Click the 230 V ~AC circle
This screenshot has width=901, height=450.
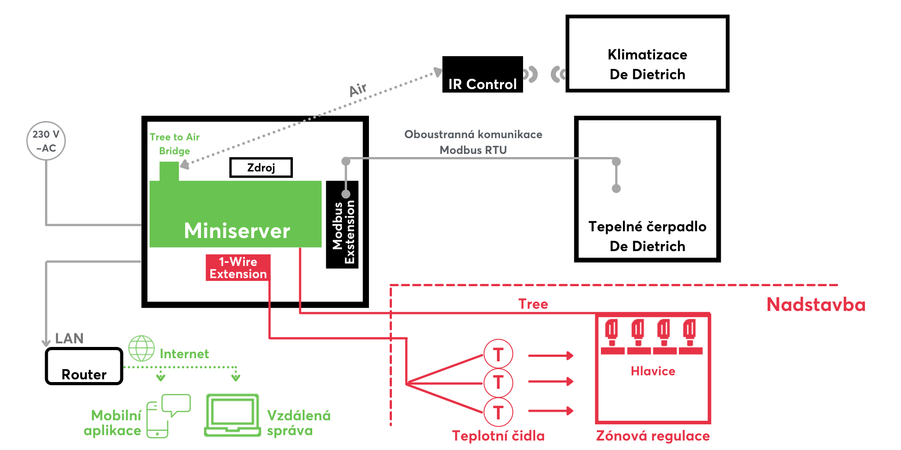tap(46, 141)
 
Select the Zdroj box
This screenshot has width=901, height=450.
tap(261, 167)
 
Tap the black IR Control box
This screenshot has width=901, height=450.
tap(482, 75)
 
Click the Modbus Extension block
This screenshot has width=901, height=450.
tap(342, 225)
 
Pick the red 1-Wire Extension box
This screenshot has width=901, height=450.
tap(238, 268)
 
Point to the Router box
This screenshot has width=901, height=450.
tap(84, 366)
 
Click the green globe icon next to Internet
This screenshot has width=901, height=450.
tap(141, 348)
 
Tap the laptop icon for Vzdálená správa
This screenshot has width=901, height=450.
tap(232, 415)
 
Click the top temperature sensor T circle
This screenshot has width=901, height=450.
tap(498, 355)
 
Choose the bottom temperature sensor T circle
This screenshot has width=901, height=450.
tap(498, 412)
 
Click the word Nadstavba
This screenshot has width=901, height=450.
tap(816, 305)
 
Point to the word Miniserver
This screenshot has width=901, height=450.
tap(237, 231)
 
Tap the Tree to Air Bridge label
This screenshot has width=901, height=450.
tap(174, 144)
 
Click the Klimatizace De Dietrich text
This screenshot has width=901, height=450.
tap(647, 64)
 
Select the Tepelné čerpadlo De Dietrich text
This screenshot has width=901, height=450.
tap(647, 236)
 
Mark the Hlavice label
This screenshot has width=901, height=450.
tap(653, 371)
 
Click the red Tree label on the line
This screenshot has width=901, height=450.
tap(533, 304)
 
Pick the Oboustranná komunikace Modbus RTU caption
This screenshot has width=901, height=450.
tap(473, 142)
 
